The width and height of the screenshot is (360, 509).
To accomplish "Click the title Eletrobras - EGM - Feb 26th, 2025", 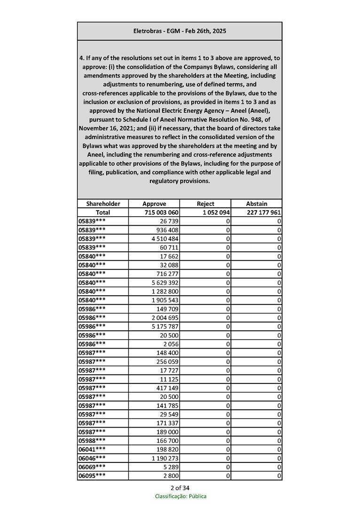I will [x=180, y=31].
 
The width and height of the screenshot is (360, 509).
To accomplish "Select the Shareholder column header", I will [x=103, y=204].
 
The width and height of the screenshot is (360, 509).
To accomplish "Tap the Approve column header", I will [x=154, y=204].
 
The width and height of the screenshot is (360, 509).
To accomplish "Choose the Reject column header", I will [x=205, y=204].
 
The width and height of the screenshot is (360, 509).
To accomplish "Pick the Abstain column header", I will [x=257, y=204].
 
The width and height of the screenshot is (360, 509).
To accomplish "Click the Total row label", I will [x=103, y=212].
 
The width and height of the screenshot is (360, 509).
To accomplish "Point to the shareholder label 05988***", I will [x=92, y=440].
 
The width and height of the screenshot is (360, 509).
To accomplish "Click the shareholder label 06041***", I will [x=92, y=449].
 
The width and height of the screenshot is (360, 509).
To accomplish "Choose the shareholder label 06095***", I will [x=92, y=476].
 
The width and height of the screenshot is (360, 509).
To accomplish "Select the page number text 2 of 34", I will [x=180, y=487].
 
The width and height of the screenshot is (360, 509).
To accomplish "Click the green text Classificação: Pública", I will [x=180, y=496].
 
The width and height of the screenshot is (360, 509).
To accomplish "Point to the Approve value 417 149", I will [x=167, y=388].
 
